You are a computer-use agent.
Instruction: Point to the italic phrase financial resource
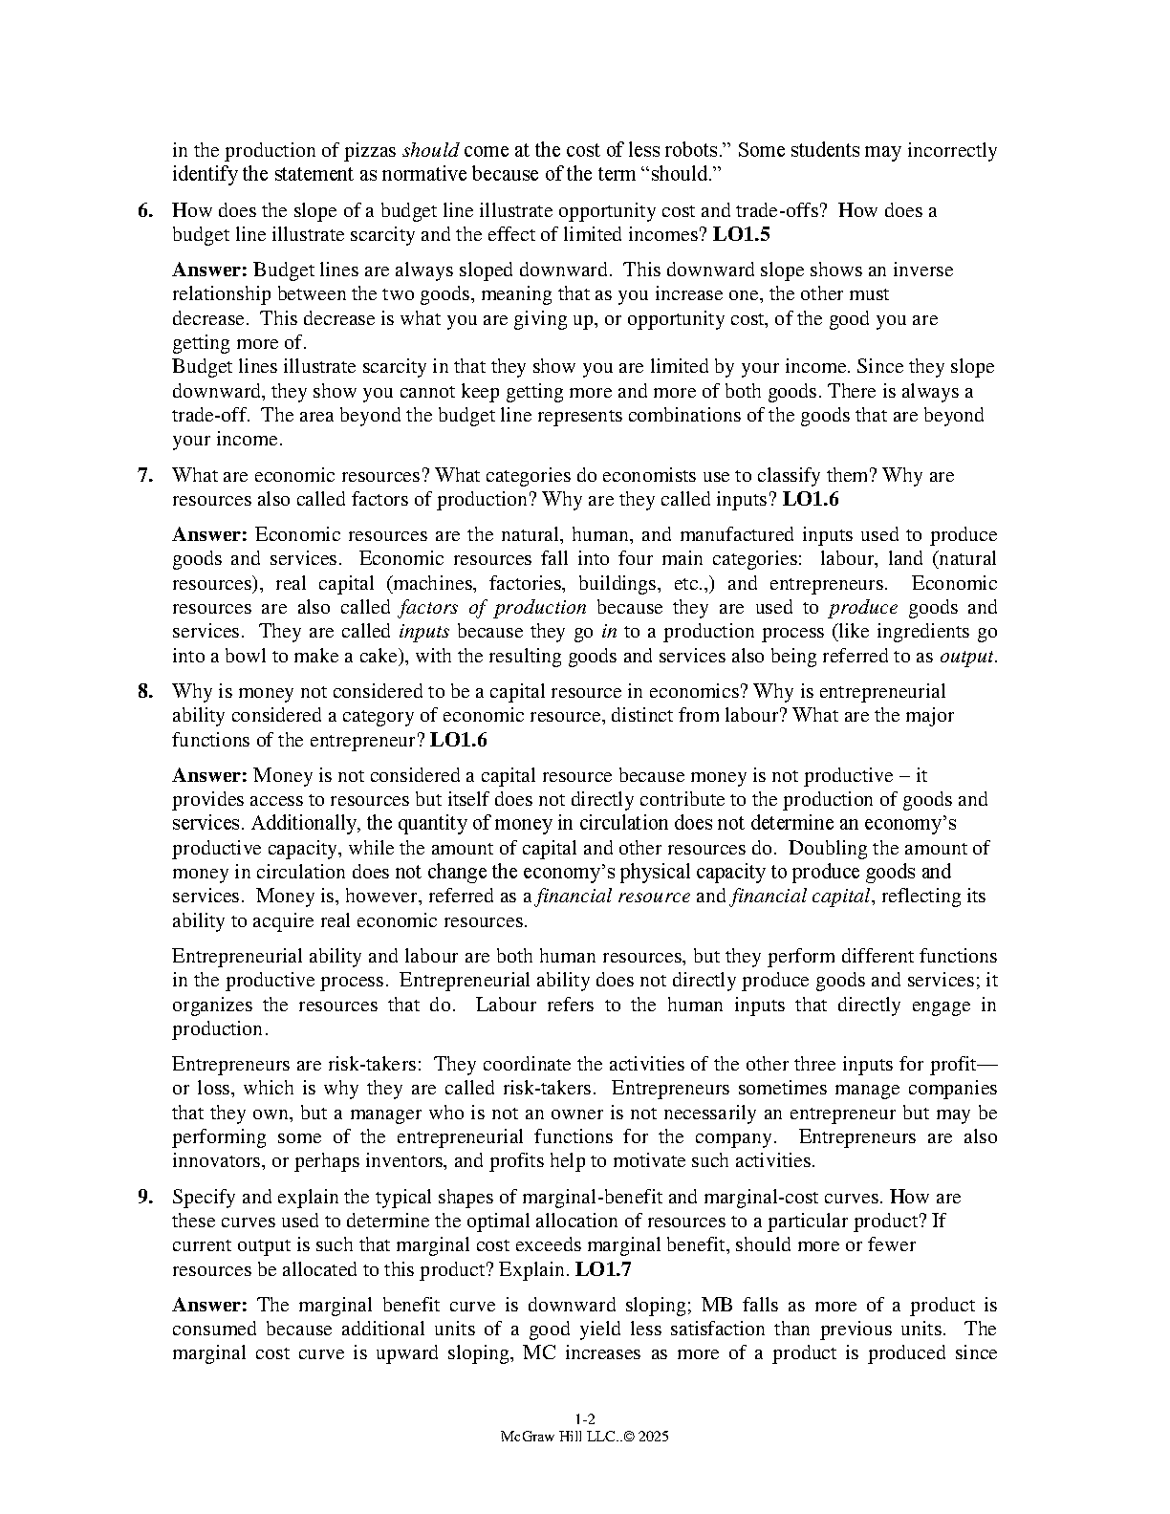pyautogui.click(x=614, y=897)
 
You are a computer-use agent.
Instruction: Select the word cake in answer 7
pyautogui.click(x=353, y=657)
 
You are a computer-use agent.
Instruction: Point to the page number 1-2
pyautogui.click(x=585, y=1418)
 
